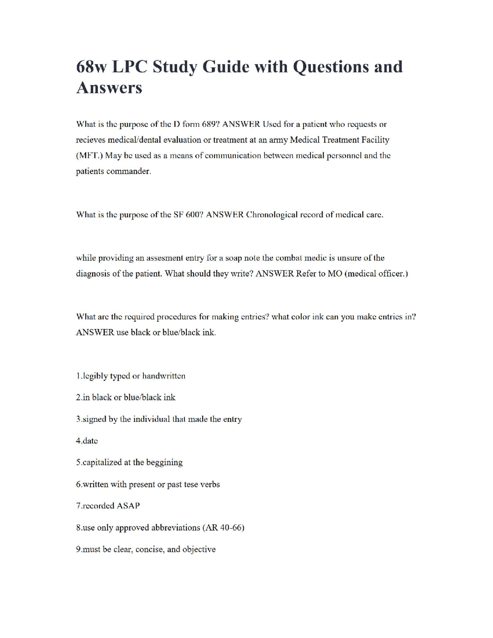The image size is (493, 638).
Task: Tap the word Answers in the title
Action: pos(109,88)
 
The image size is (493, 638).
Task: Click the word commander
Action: pos(129,171)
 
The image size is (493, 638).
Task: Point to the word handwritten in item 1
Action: pos(164,376)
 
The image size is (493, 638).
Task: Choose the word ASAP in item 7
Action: pos(128,506)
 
